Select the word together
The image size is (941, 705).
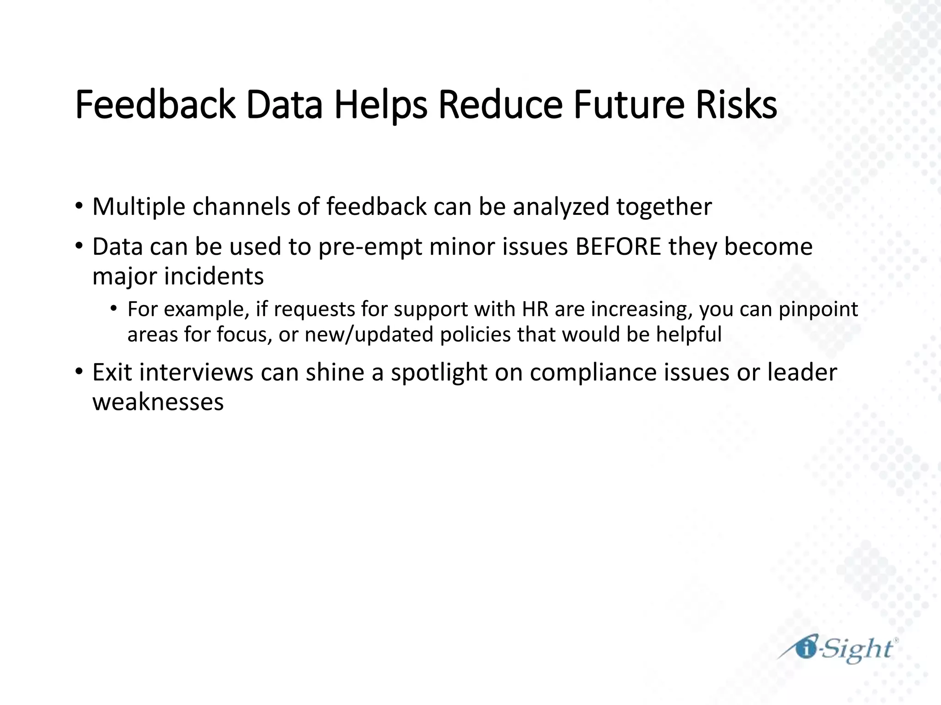click(x=664, y=207)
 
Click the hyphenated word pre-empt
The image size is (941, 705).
click(x=370, y=247)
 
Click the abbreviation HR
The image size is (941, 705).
click(x=535, y=309)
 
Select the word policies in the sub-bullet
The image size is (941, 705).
click(x=475, y=335)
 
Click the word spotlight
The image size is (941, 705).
click(x=439, y=373)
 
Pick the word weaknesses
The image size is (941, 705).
click(x=158, y=402)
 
